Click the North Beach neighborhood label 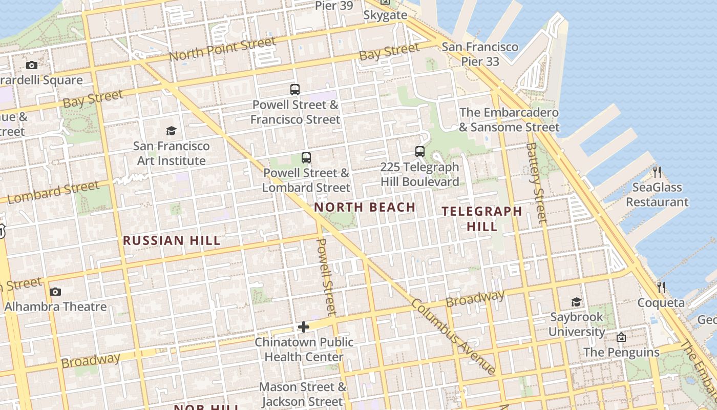pyautogui.click(x=364, y=207)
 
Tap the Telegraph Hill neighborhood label pyautogui.click(x=482, y=218)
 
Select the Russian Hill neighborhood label pyautogui.click(x=172, y=240)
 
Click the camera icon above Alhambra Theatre pyautogui.click(x=55, y=292)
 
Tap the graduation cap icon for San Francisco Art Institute pyautogui.click(x=171, y=131)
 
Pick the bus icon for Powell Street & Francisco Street pyautogui.click(x=295, y=90)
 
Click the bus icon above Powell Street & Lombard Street pyautogui.click(x=306, y=158)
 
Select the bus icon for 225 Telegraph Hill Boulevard pyautogui.click(x=420, y=152)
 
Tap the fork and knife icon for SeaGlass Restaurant pyautogui.click(x=657, y=172)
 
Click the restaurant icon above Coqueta pyautogui.click(x=661, y=288)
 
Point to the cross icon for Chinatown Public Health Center pyautogui.click(x=304, y=327)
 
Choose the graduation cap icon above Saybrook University pyautogui.click(x=577, y=302)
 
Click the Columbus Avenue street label pyautogui.click(x=453, y=337)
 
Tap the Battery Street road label pyautogui.click(x=536, y=183)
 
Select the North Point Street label pyautogui.click(x=222, y=50)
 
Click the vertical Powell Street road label pyautogui.click(x=326, y=277)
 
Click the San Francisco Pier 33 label pyautogui.click(x=480, y=54)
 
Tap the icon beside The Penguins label pyautogui.click(x=621, y=337)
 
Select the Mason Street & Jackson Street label pyautogui.click(x=302, y=394)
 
